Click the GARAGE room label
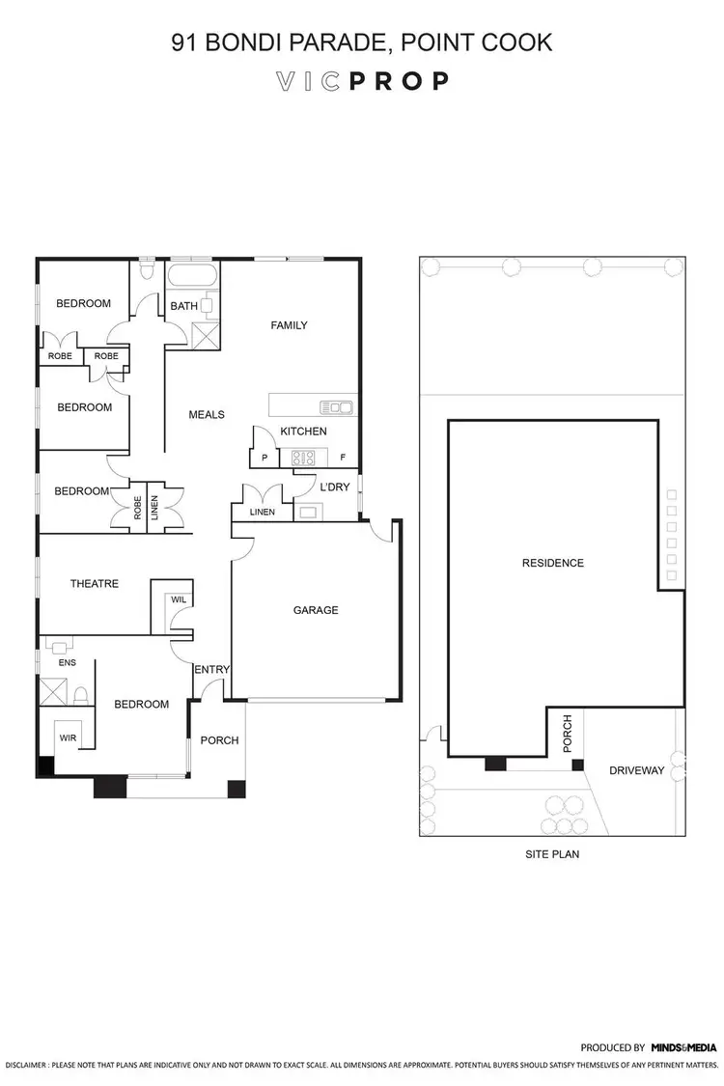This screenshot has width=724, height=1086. click(316, 610)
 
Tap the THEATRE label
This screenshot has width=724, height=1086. click(95, 583)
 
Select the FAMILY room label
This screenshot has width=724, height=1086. click(289, 325)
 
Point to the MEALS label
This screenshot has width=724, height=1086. click(206, 414)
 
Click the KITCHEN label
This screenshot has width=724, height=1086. click(303, 431)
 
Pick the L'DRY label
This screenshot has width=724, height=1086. click(334, 487)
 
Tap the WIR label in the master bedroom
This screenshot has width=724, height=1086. click(68, 738)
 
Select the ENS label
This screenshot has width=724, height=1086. click(67, 662)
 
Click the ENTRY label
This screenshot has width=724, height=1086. click(210, 670)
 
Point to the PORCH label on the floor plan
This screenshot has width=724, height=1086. click(218, 740)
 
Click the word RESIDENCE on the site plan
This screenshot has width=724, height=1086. click(552, 563)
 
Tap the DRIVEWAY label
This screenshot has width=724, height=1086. click(636, 770)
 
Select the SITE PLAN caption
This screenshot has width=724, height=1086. click(552, 854)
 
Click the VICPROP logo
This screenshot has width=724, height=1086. click(362, 81)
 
